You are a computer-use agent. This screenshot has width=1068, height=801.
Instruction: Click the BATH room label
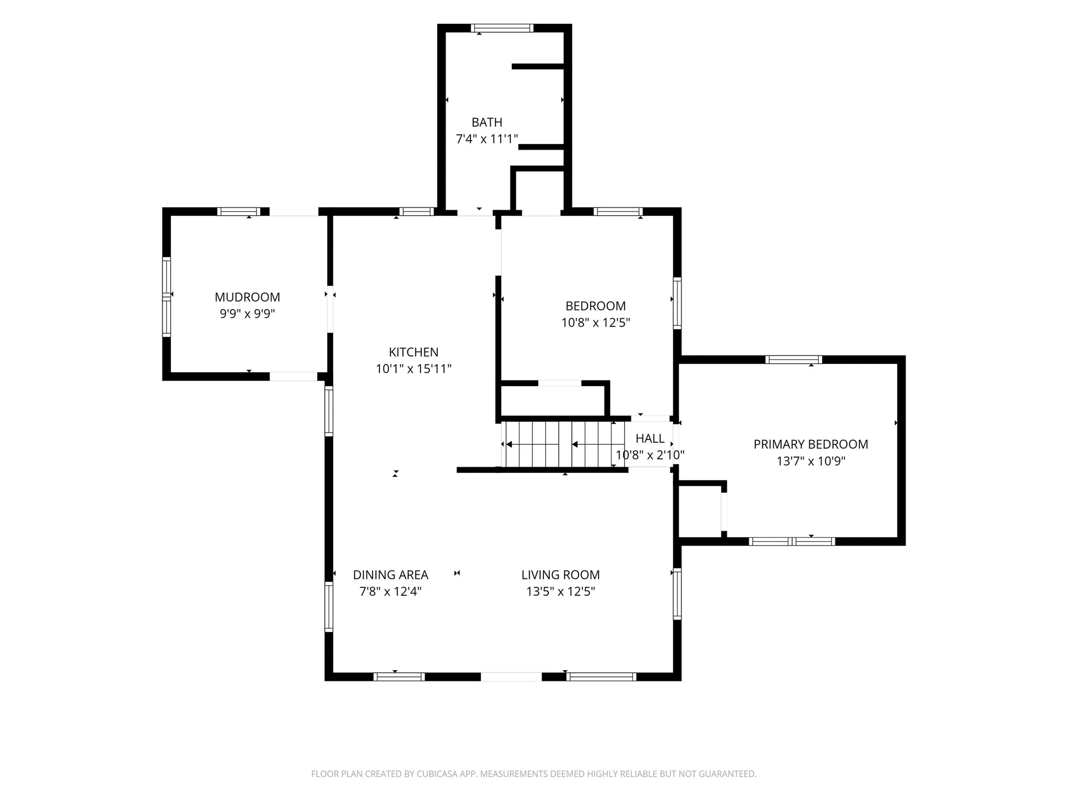tap(487, 122)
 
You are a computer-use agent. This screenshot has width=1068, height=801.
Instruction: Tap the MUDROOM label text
tap(248, 297)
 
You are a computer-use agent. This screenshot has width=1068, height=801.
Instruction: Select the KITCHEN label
tap(413, 352)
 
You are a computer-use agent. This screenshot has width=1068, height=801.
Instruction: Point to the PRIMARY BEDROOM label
tap(810, 444)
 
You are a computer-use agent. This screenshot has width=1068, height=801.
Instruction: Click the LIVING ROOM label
tap(560, 575)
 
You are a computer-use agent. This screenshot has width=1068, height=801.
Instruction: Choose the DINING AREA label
tap(390, 575)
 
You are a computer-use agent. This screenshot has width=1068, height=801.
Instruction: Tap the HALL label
tap(650, 438)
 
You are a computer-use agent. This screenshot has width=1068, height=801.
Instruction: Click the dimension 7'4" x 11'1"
tap(487, 139)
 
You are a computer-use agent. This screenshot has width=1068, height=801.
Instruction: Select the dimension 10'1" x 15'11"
tap(413, 369)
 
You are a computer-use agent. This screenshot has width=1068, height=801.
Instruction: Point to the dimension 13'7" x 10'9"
tap(811, 461)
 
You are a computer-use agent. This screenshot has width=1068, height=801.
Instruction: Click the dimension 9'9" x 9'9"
tap(248, 314)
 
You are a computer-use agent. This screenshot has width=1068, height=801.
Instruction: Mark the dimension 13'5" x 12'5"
tap(561, 591)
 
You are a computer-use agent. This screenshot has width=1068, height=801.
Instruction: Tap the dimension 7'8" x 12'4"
tap(390, 591)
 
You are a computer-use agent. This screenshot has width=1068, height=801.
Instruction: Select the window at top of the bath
tap(502, 28)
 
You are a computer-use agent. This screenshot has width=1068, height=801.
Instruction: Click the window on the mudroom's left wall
tap(166, 297)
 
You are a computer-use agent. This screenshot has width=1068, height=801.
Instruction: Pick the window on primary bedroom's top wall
tap(794, 359)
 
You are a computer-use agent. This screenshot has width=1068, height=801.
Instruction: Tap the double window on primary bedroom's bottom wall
tap(792, 541)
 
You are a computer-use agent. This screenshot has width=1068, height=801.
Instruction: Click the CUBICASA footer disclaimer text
tap(534, 774)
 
